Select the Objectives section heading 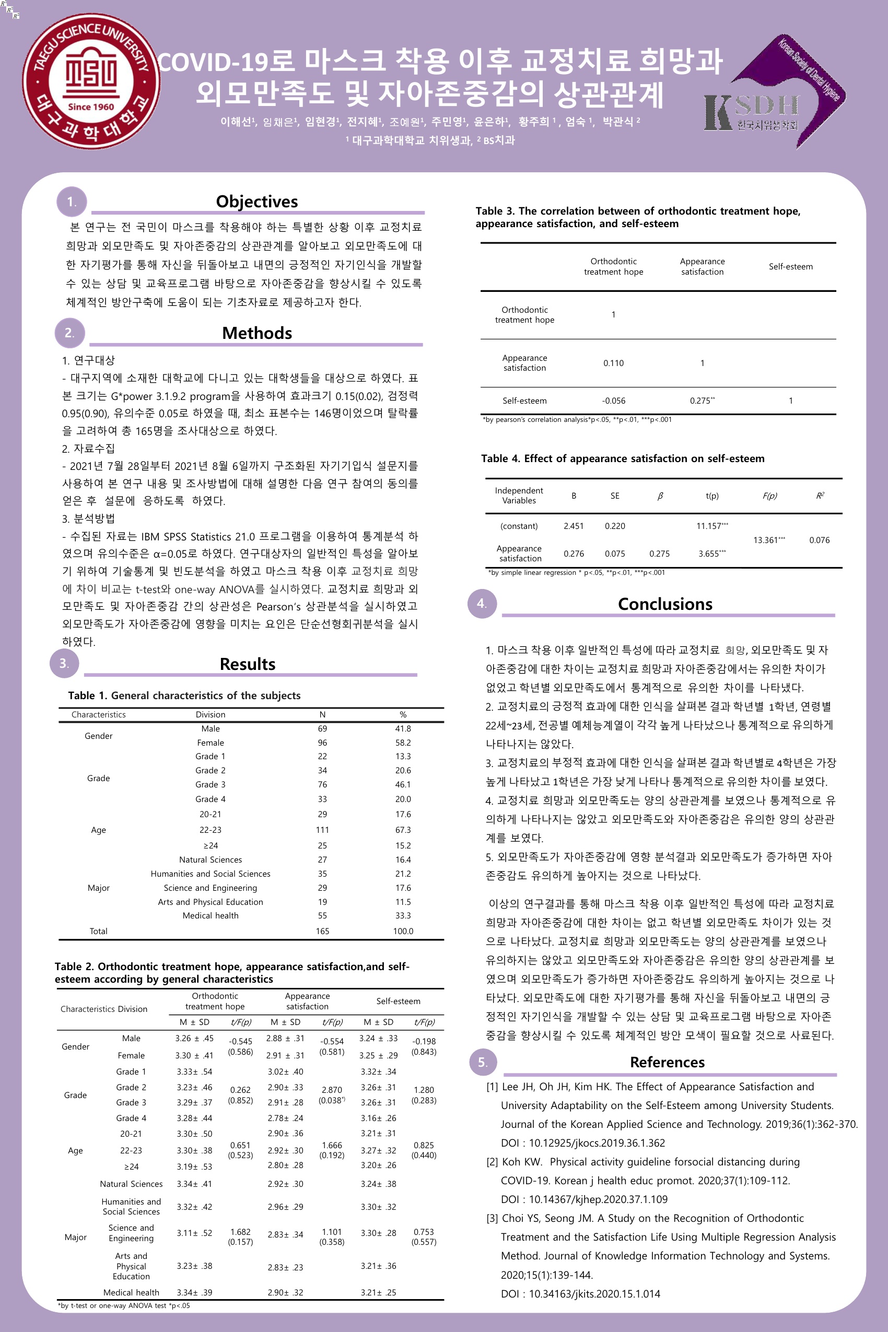tap(256, 202)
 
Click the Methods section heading tap(256, 333)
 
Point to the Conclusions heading tap(665, 604)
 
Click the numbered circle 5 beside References tap(483, 1062)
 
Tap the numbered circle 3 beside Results tap(64, 663)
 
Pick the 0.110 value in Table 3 tap(613, 363)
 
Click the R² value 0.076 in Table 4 tap(819, 540)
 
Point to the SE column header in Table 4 tap(614, 496)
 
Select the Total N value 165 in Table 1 tap(322, 931)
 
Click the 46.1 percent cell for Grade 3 tap(403, 785)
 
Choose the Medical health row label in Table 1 tap(210, 915)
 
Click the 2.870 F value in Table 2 tap(331, 1090)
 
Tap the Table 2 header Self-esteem tap(398, 1001)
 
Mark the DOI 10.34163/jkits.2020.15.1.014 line tap(580, 1293)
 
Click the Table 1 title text tap(184, 696)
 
